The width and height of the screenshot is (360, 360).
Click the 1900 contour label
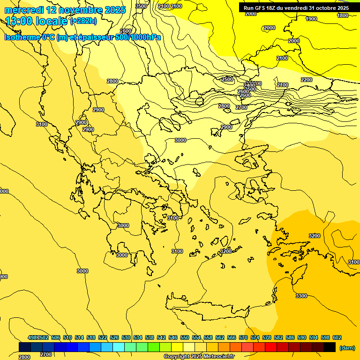pos(311,19)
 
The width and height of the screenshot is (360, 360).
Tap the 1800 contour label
pos(343,15)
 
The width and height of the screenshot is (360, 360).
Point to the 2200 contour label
pos(307,80)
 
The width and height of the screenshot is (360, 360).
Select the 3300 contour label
pos(301,296)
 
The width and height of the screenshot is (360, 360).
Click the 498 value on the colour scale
pos(32,337)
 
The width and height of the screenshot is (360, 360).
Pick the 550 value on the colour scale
pos(185,337)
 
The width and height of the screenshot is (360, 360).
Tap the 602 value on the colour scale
pos(337,337)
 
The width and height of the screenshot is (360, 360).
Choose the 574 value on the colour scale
pos(255,337)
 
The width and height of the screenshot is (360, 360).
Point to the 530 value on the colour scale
pos(126,337)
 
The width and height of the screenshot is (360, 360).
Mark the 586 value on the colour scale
pos(290,337)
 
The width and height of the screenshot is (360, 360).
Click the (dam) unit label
pos(346,348)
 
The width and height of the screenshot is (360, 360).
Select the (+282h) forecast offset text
pos(83,21)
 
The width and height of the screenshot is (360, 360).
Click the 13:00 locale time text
pos(37,21)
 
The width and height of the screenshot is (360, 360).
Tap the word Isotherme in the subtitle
pos(22,37)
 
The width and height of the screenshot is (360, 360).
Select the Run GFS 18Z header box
pos(296,8)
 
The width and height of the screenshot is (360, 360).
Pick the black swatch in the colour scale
pos(330,347)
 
